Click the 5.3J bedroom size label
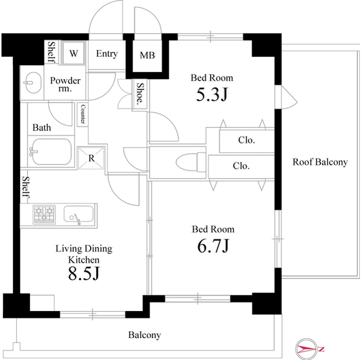point(212,95)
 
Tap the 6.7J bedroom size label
point(213,246)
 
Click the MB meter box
point(147,55)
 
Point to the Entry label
point(107,54)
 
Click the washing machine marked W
point(73,54)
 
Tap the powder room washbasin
point(32,82)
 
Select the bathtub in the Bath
point(51,151)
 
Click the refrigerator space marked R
point(91,158)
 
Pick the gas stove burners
point(45,215)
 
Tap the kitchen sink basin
point(78,214)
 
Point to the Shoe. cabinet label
point(140,93)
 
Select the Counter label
point(83,114)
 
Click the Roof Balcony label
point(320,162)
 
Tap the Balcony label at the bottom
point(144,335)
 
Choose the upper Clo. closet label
point(246,140)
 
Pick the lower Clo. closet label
point(241,166)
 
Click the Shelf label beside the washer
point(51,52)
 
